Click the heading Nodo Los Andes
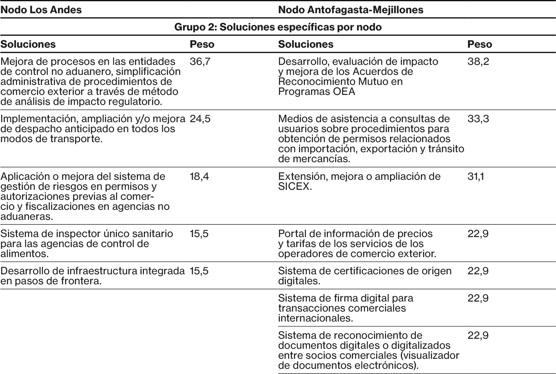(x=41, y=10)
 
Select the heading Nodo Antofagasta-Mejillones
(x=350, y=10)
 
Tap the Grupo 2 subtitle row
(x=278, y=27)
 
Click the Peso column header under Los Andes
(x=202, y=44)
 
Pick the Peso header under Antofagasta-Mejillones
(x=479, y=44)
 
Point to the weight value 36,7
(x=199, y=62)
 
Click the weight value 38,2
(x=478, y=62)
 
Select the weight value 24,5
(x=200, y=119)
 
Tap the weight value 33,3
(x=478, y=119)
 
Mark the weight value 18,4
(x=199, y=177)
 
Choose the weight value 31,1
(x=475, y=177)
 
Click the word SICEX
(x=294, y=187)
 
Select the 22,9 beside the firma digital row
(x=478, y=298)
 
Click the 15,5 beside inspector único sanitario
(x=199, y=234)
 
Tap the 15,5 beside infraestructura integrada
(x=199, y=271)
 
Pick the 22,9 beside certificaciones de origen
(x=478, y=271)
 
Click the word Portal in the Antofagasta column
(x=291, y=234)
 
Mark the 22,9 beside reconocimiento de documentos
(x=478, y=336)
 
